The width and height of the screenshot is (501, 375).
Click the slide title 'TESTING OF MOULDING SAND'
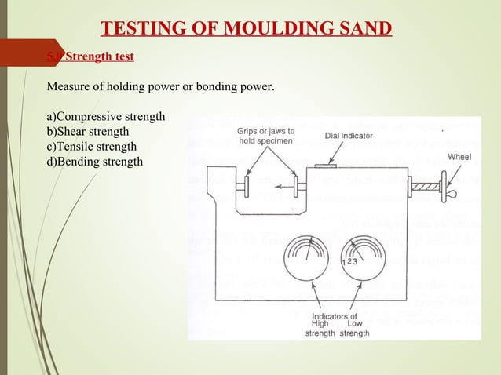point(247,30)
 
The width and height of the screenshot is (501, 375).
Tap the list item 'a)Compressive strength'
point(106,116)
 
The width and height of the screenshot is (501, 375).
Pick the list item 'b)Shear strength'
point(88,131)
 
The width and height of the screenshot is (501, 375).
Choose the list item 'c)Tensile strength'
point(92,147)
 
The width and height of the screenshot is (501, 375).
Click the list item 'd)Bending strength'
point(95,162)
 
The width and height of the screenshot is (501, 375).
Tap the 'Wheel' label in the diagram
point(459,157)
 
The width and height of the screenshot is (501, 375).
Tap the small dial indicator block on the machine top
point(326,166)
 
